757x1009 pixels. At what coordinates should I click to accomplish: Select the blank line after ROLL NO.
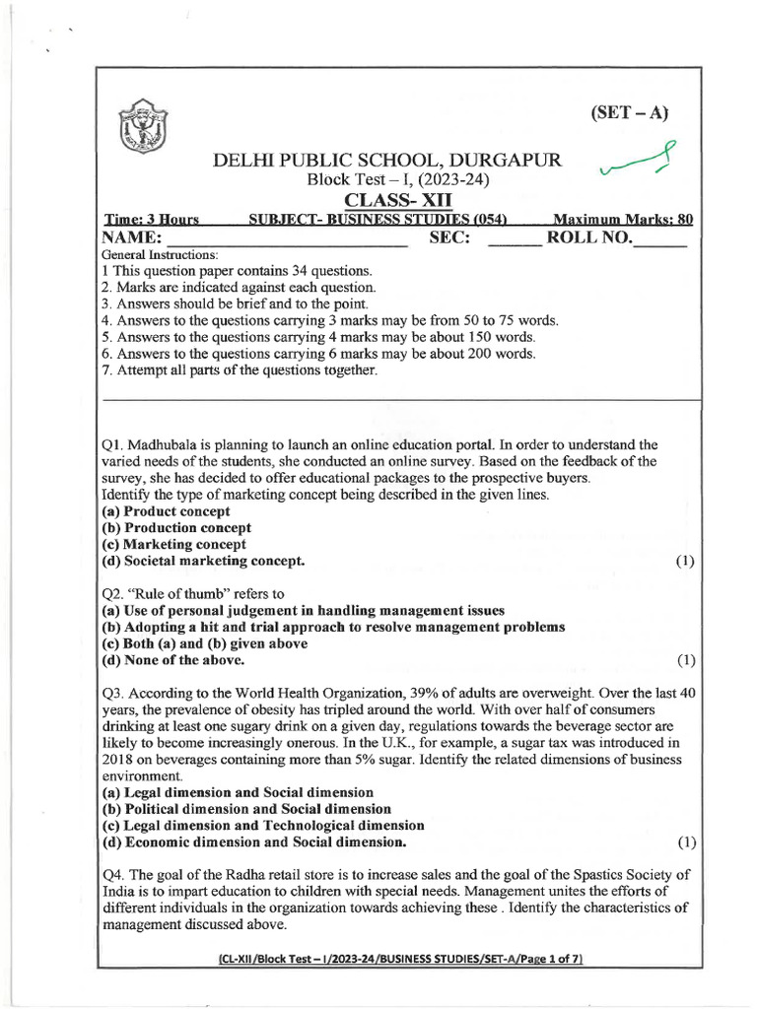(657, 242)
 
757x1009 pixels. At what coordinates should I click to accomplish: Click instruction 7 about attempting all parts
(240, 370)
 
